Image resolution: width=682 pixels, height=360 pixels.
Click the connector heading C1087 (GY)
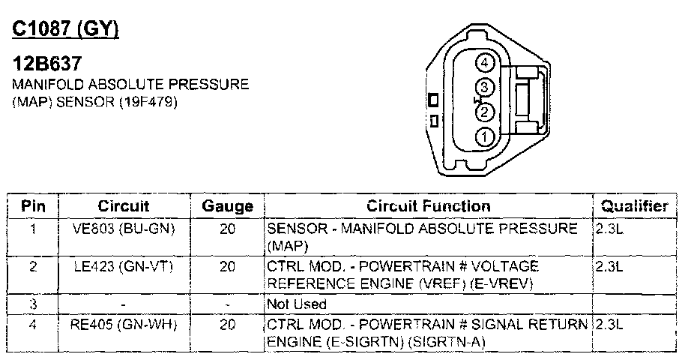click(65, 29)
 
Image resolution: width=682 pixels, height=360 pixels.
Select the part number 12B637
click(46, 64)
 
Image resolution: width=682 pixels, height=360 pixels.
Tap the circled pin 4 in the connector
click(484, 64)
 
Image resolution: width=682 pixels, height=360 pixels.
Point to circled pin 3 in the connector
click(484, 88)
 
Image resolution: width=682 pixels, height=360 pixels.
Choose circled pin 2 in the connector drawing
click(484, 112)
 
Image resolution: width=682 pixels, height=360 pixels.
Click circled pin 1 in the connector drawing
click(484, 137)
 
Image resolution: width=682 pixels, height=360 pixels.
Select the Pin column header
click(33, 206)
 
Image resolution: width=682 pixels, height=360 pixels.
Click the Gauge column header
click(227, 206)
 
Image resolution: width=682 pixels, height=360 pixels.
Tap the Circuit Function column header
click(429, 206)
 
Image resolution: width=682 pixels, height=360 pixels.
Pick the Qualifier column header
click(634, 206)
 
